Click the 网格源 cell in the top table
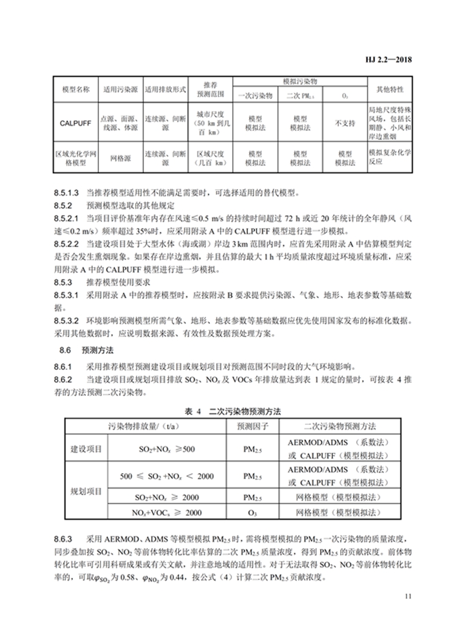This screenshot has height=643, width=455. tap(120, 158)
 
